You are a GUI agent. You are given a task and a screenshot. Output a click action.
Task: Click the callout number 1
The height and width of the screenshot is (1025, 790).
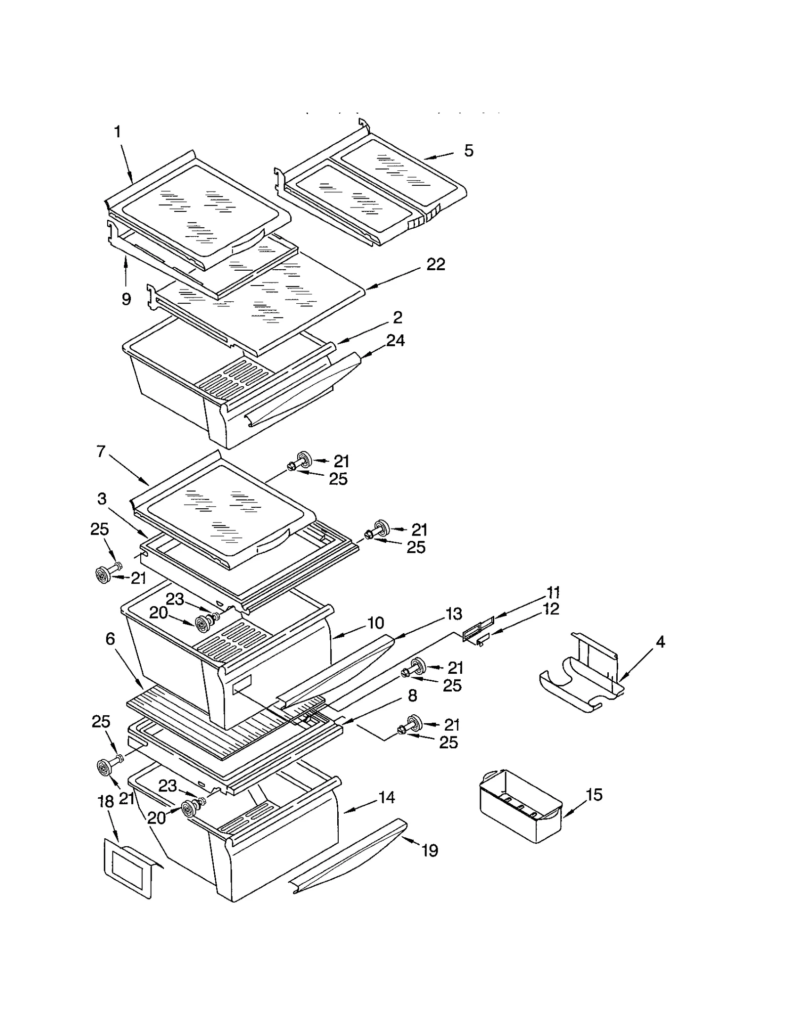[118, 132]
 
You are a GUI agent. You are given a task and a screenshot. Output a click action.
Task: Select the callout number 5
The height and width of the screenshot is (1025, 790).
[469, 151]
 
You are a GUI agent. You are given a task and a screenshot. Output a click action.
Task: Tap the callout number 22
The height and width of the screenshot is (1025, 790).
[435, 264]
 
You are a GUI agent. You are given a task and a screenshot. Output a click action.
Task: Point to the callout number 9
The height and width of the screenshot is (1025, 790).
[126, 299]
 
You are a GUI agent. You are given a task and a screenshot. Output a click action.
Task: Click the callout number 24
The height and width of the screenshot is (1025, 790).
[395, 340]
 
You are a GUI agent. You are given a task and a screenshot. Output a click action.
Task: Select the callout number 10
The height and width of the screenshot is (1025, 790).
[376, 623]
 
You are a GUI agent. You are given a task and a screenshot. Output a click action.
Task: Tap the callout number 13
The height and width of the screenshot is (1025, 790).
[454, 614]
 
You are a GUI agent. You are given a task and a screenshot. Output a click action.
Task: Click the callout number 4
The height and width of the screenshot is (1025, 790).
[660, 642]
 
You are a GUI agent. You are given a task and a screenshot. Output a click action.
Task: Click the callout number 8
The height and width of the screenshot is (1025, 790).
[412, 696]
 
